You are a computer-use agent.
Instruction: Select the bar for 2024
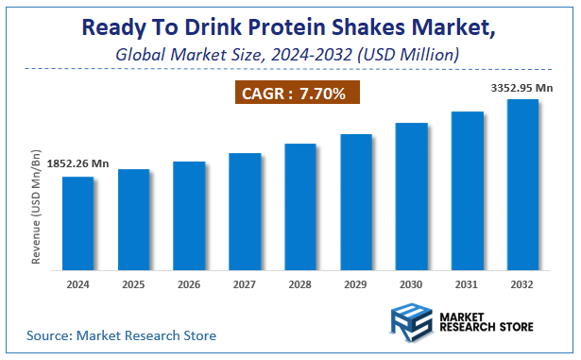point(77,222)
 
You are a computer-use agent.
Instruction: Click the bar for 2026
point(189,214)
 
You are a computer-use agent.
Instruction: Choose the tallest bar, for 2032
point(523,183)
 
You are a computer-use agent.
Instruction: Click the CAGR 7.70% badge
point(295,94)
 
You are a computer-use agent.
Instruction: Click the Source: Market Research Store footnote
point(121,334)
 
